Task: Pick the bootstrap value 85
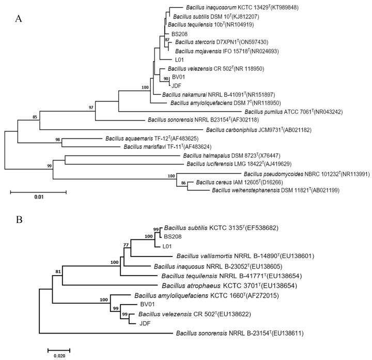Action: pyautogui.click(x=35, y=117)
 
